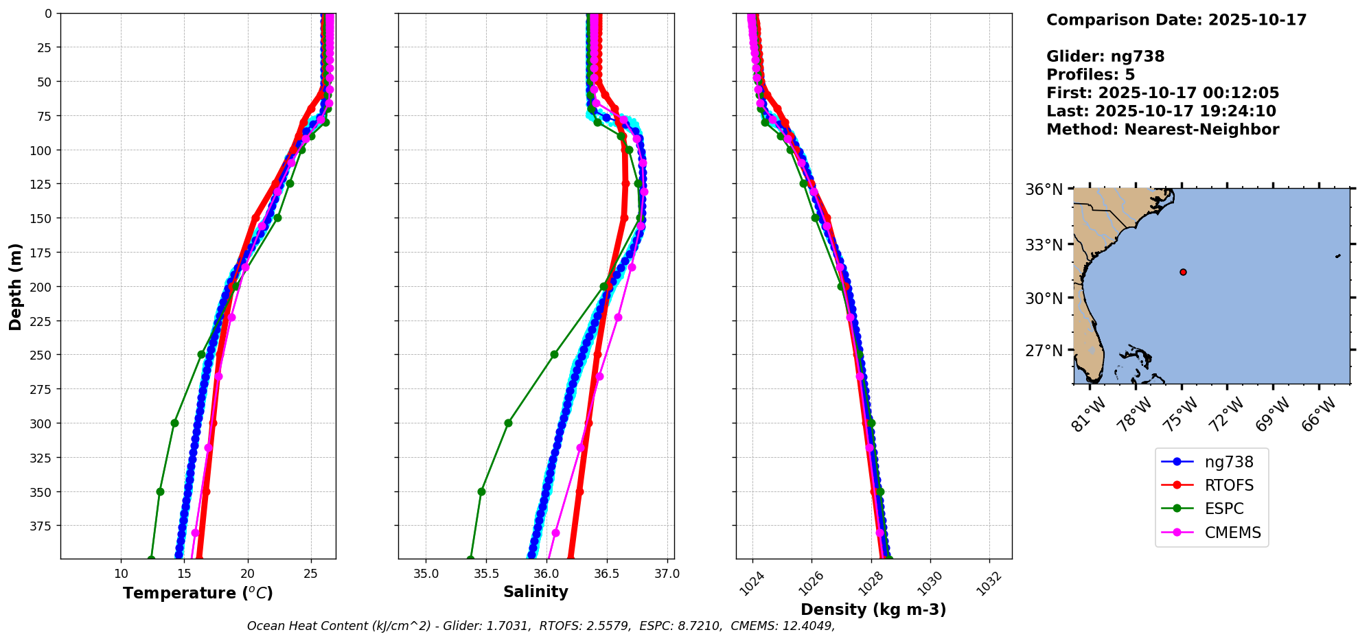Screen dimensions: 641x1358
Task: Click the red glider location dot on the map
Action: (1183, 272)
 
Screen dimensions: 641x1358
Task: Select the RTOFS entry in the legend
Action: (1228, 485)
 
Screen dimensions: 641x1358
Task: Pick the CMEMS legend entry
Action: (1232, 533)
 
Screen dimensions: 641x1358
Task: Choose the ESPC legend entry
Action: (1223, 509)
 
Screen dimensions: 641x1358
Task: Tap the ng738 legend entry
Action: (1228, 462)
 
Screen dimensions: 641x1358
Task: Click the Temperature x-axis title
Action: (198, 593)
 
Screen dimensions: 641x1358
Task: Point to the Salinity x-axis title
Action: (536, 592)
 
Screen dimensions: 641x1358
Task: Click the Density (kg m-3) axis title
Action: (873, 609)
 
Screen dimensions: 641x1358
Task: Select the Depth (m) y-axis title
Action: (15, 286)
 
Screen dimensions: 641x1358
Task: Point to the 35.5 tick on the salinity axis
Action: (485, 574)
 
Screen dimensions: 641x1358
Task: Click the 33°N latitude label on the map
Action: (1044, 245)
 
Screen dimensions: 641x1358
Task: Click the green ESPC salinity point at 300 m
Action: (508, 423)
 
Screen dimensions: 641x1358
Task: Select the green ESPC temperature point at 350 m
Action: (160, 491)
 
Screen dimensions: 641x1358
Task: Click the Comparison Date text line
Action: (1176, 20)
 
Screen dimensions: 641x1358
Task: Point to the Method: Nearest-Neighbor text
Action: (1162, 130)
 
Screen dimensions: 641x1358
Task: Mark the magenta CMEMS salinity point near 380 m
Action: (555, 533)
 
